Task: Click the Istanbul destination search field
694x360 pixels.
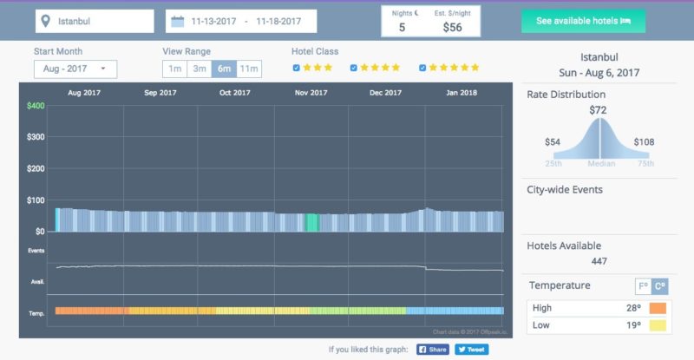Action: pyautogui.click(x=95, y=21)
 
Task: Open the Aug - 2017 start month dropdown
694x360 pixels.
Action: pyautogui.click(x=75, y=69)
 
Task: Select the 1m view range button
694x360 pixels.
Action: pyautogui.click(x=174, y=69)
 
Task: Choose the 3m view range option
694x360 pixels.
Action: pyautogui.click(x=200, y=69)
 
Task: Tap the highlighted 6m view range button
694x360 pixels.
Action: pyautogui.click(x=224, y=69)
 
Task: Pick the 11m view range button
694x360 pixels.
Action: pyautogui.click(x=249, y=69)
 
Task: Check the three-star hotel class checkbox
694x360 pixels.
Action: pyautogui.click(x=298, y=68)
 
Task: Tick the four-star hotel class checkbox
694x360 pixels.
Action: pyautogui.click(x=353, y=68)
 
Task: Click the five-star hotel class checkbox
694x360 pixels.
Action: pyautogui.click(x=422, y=68)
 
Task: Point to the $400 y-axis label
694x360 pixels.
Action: pyautogui.click(x=36, y=106)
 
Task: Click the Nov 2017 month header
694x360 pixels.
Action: pyautogui.click(x=311, y=92)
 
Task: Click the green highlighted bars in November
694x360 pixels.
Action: pyautogui.click(x=311, y=222)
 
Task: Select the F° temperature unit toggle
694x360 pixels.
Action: pyautogui.click(x=643, y=285)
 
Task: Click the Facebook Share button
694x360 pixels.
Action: pyautogui.click(x=433, y=350)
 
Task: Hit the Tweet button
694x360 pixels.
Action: pyautogui.click(x=472, y=350)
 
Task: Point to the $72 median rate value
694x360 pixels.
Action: pyautogui.click(x=598, y=110)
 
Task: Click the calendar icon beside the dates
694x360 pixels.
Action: pyautogui.click(x=178, y=21)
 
